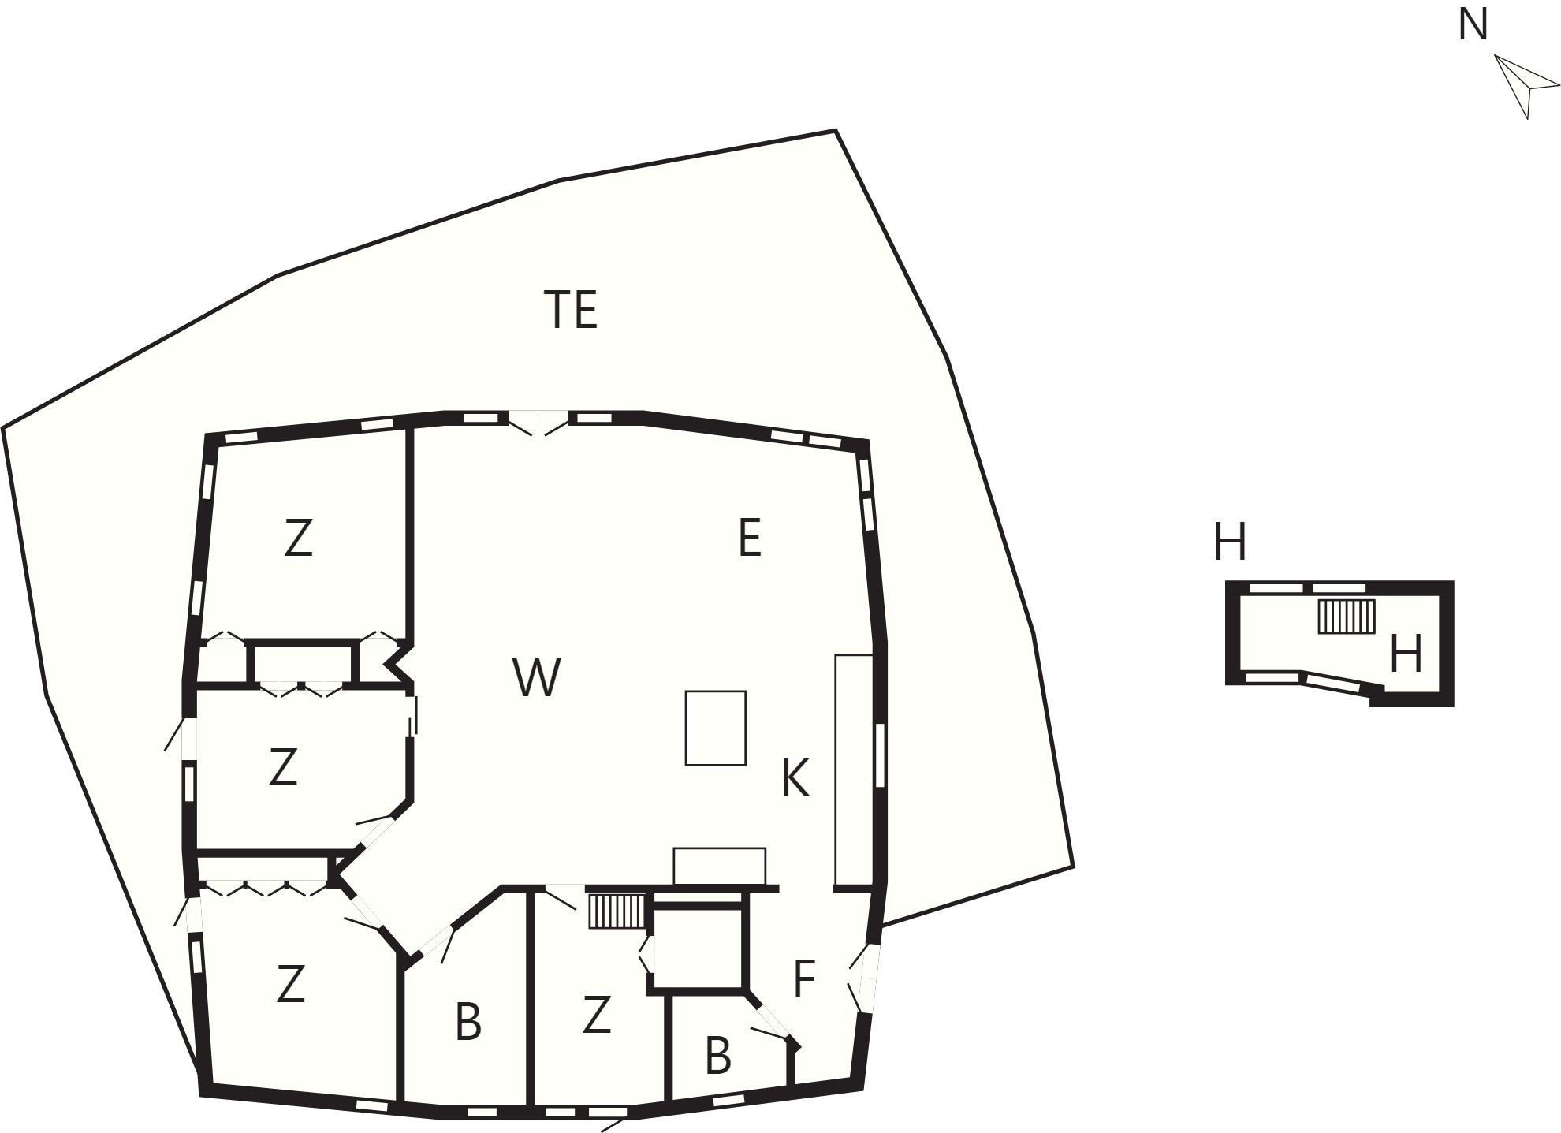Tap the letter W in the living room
pyautogui.click(x=537, y=677)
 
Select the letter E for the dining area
pyautogui.click(x=749, y=539)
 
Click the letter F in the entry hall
pyautogui.click(x=803, y=978)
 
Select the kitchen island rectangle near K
pyautogui.click(x=715, y=728)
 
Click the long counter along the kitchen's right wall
pyautogui.click(x=854, y=769)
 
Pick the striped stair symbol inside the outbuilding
pyautogui.click(x=1347, y=616)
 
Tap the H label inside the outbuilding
pyautogui.click(x=1406, y=654)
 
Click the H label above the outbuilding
pyautogui.click(x=1230, y=542)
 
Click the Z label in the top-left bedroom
pyautogui.click(x=298, y=539)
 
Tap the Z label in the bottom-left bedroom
pyautogui.click(x=290, y=984)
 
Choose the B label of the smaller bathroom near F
pyautogui.click(x=717, y=1056)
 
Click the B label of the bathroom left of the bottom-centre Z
pyautogui.click(x=468, y=1023)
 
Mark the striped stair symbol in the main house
pyautogui.click(x=617, y=911)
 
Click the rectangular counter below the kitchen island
pyautogui.click(x=719, y=867)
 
